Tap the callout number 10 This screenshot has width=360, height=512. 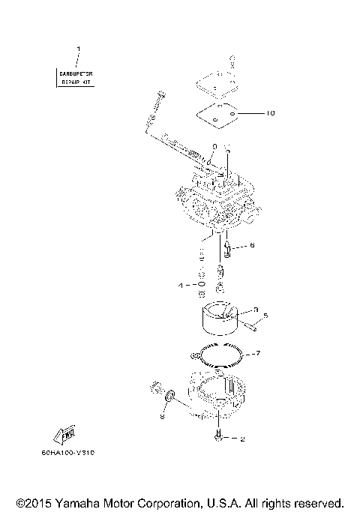271,114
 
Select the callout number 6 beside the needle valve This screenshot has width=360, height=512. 253,245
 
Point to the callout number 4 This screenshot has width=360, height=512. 180,286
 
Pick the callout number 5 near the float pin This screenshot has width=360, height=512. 265,316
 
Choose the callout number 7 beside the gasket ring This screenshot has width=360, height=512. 257,352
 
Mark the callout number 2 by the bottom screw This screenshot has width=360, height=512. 242,439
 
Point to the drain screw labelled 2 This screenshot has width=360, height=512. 217,436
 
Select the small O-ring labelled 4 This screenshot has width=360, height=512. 201,286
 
